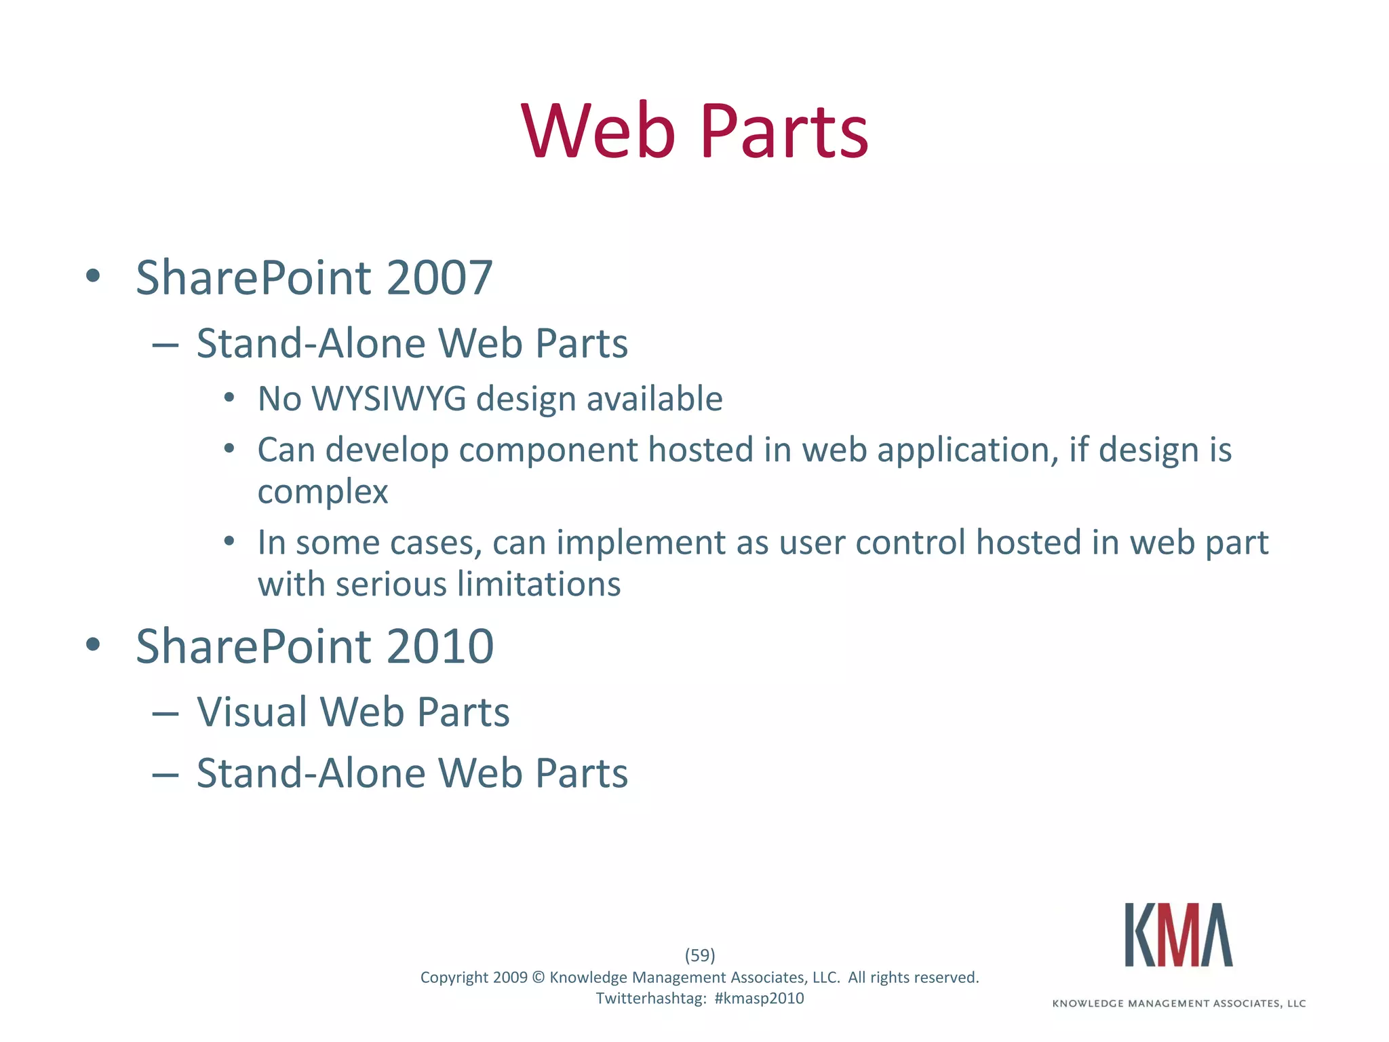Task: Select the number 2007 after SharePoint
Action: [x=439, y=278]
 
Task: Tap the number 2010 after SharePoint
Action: [x=440, y=647]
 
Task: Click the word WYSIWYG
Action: [x=389, y=399]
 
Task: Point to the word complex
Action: [x=323, y=491]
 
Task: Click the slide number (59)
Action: [x=700, y=955]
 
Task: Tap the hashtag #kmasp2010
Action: [x=759, y=999]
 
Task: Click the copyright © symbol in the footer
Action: [x=539, y=978]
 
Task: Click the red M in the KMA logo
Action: [x=1178, y=935]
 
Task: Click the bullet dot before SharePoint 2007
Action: [x=93, y=276]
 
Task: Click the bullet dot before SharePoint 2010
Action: [x=93, y=644]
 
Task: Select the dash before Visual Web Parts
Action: [x=165, y=714]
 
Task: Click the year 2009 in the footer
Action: [x=510, y=978]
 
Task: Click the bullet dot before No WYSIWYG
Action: [x=229, y=398]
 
